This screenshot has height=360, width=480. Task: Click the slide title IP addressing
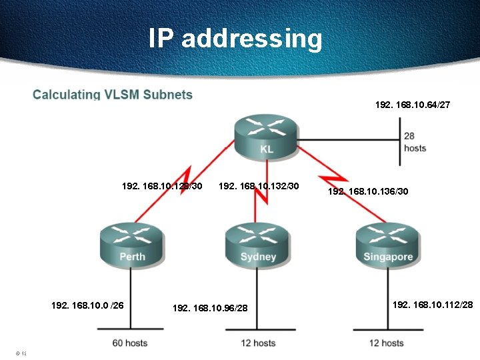click(x=235, y=38)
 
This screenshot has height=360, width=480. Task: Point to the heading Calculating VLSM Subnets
click(x=113, y=94)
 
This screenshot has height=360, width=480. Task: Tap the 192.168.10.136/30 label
click(x=368, y=191)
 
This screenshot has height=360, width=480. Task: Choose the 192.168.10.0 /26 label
click(x=87, y=305)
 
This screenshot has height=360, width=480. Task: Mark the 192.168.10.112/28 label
click(x=433, y=305)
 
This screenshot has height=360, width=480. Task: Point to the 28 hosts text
click(x=415, y=142)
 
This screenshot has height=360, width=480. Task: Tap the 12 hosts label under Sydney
click(x=257, y=343)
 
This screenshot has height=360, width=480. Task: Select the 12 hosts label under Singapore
click(x=386, y=343)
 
